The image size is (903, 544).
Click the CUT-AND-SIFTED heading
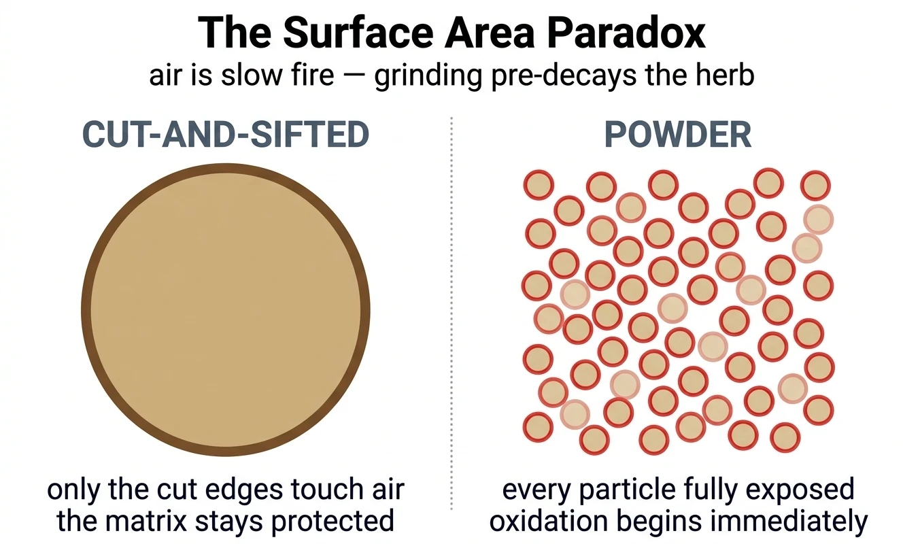click(226, 134)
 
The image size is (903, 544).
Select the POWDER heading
click(678, 134)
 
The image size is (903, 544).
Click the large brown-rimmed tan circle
click(226, 309)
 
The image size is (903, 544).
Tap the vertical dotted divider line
click(451, 313)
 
